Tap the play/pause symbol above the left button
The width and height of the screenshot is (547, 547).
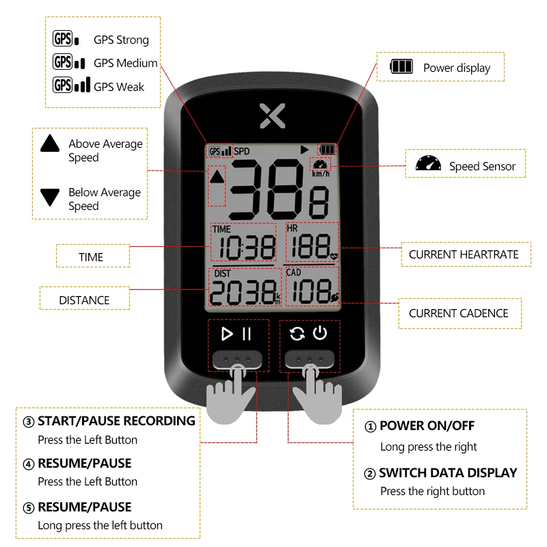click(237, 334)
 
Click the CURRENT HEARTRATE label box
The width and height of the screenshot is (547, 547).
click(464, 254)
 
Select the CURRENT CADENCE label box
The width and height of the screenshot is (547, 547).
click(459, 313)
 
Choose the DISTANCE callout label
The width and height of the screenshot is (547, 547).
click(84, 299)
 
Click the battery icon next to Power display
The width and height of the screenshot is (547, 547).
click(401, 67)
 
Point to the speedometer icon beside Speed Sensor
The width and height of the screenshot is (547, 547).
click(429, 165)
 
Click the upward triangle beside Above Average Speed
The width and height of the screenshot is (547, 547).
click(51, 143)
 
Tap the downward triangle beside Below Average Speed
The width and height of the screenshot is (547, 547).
click(51, 198)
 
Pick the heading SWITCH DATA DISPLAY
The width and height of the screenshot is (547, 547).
click(448, 472)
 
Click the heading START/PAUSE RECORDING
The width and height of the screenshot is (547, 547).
click(116, 421)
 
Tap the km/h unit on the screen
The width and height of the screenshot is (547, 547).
click(321, 174)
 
